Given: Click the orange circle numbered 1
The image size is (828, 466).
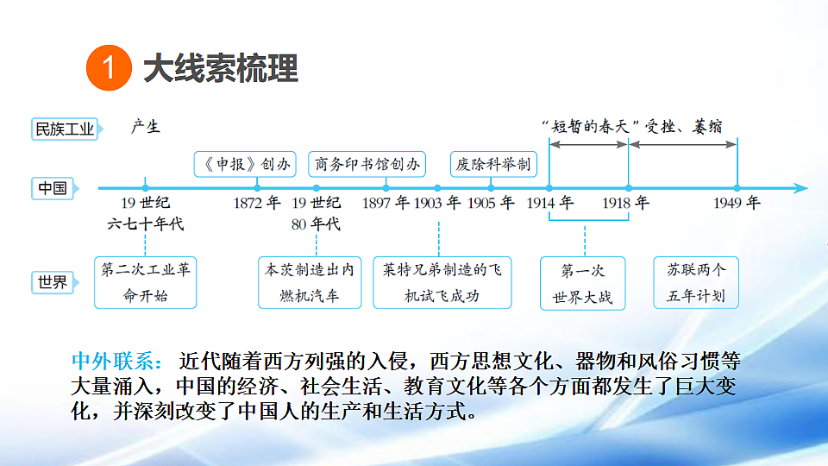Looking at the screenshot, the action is click(109, 67).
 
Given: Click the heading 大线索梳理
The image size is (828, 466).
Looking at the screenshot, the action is click(221, 68).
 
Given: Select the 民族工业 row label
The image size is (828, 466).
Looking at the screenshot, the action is click(65, 129).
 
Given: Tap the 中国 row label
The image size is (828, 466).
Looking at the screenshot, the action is click(53, 188).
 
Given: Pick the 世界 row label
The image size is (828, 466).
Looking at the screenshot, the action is click(53, 283).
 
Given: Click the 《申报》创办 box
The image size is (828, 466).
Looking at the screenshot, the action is click(245, 164).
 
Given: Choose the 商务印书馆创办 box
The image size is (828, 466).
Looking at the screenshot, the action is click(367, 164).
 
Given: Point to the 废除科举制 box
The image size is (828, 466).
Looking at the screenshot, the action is click(493, 164).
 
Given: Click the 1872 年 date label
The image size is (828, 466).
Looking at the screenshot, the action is click(257, 202).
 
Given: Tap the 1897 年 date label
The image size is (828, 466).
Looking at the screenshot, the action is click(386, 202).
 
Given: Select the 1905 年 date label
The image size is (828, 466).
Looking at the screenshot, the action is click(491, 202).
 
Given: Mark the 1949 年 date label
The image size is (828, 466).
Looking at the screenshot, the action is click(737, 202).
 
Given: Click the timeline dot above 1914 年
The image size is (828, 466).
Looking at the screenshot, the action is click(549, 188).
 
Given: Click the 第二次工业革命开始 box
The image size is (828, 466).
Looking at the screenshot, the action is click(145, 283).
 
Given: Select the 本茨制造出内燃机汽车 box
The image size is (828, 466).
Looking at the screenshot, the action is click(310, 283).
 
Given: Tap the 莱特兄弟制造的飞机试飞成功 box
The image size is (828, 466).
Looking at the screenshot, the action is click(442, 283).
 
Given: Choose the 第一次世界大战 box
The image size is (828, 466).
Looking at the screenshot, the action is click(582, 283).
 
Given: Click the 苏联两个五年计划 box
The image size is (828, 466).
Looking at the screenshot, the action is click(696, 283).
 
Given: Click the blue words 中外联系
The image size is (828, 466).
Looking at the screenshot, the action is click(117, 362).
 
